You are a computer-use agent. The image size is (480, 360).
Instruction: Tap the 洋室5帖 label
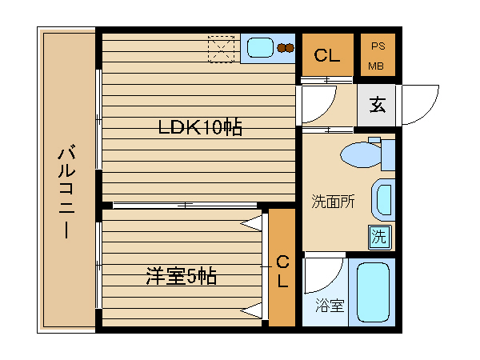click(182, 277)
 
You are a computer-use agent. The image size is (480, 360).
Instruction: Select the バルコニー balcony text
click(67, 192)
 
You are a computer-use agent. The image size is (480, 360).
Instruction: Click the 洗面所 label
click(333, 202)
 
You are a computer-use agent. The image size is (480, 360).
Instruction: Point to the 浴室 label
click(329, 306)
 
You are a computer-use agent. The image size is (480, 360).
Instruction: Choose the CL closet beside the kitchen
click(326, 55)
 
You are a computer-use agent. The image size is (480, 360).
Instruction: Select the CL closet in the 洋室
click(282, 273)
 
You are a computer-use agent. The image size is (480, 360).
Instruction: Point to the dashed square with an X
click(222, 48)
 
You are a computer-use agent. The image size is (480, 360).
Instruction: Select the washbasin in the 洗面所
click(383, 201)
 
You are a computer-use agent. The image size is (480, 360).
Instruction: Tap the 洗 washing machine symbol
click(379, 237)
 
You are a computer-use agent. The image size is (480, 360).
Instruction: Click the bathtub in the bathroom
click(373, 290)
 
